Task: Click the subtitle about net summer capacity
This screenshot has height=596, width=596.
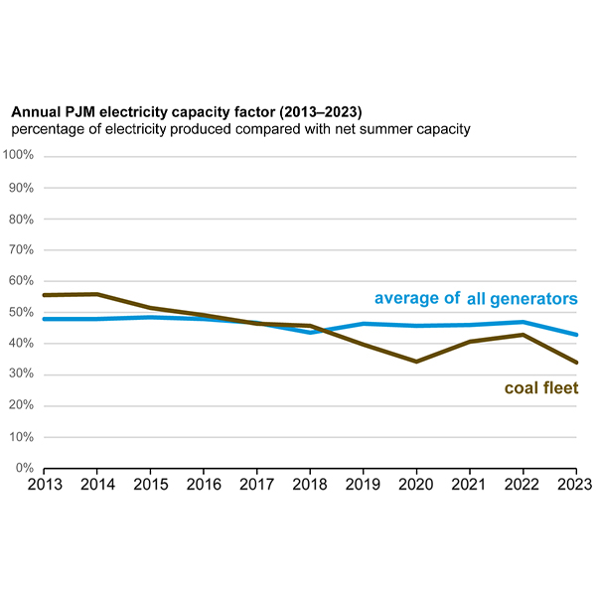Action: pyautogui.click(x=238, y=129)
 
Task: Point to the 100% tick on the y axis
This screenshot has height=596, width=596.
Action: pyautogui.click(x=19, y=156)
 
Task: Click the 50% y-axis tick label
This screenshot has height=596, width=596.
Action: pyautogui.click(x=22, y=312)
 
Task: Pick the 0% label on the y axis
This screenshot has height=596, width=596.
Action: pyautogui.click(x=26, y=468)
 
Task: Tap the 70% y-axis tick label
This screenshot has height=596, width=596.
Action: pyautogui.click(x=22, y=249)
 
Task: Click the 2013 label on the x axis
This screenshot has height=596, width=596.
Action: pyautogui.click(x=44, y=486)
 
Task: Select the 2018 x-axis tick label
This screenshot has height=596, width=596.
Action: pyautogui.click(x=310, y=486)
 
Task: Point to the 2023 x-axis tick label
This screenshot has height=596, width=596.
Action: pyautogui.click(x=575, y=486)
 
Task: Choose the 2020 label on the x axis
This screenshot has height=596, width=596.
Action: pyautogui.click(x=416, y=486)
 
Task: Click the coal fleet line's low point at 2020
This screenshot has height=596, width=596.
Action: pyautogui.click(x=416, y=362)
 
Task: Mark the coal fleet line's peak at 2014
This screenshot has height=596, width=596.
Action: pyautogui.click(x=97, y=294)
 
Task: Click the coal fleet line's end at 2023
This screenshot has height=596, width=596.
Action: pyautogui.click(x=576, y=363)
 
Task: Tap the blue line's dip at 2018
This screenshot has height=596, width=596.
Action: pyautogui.click(x=310, y=332)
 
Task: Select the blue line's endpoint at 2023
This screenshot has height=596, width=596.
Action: pyautogui.click(x=576, y=335)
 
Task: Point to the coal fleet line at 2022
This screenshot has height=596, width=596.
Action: pyautogui.click(x=523, y=335)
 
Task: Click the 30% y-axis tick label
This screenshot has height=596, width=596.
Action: pyautogui.click(x=22, y=374)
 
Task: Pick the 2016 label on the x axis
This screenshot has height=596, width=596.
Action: pyautogui.click(x=204, y=486)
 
